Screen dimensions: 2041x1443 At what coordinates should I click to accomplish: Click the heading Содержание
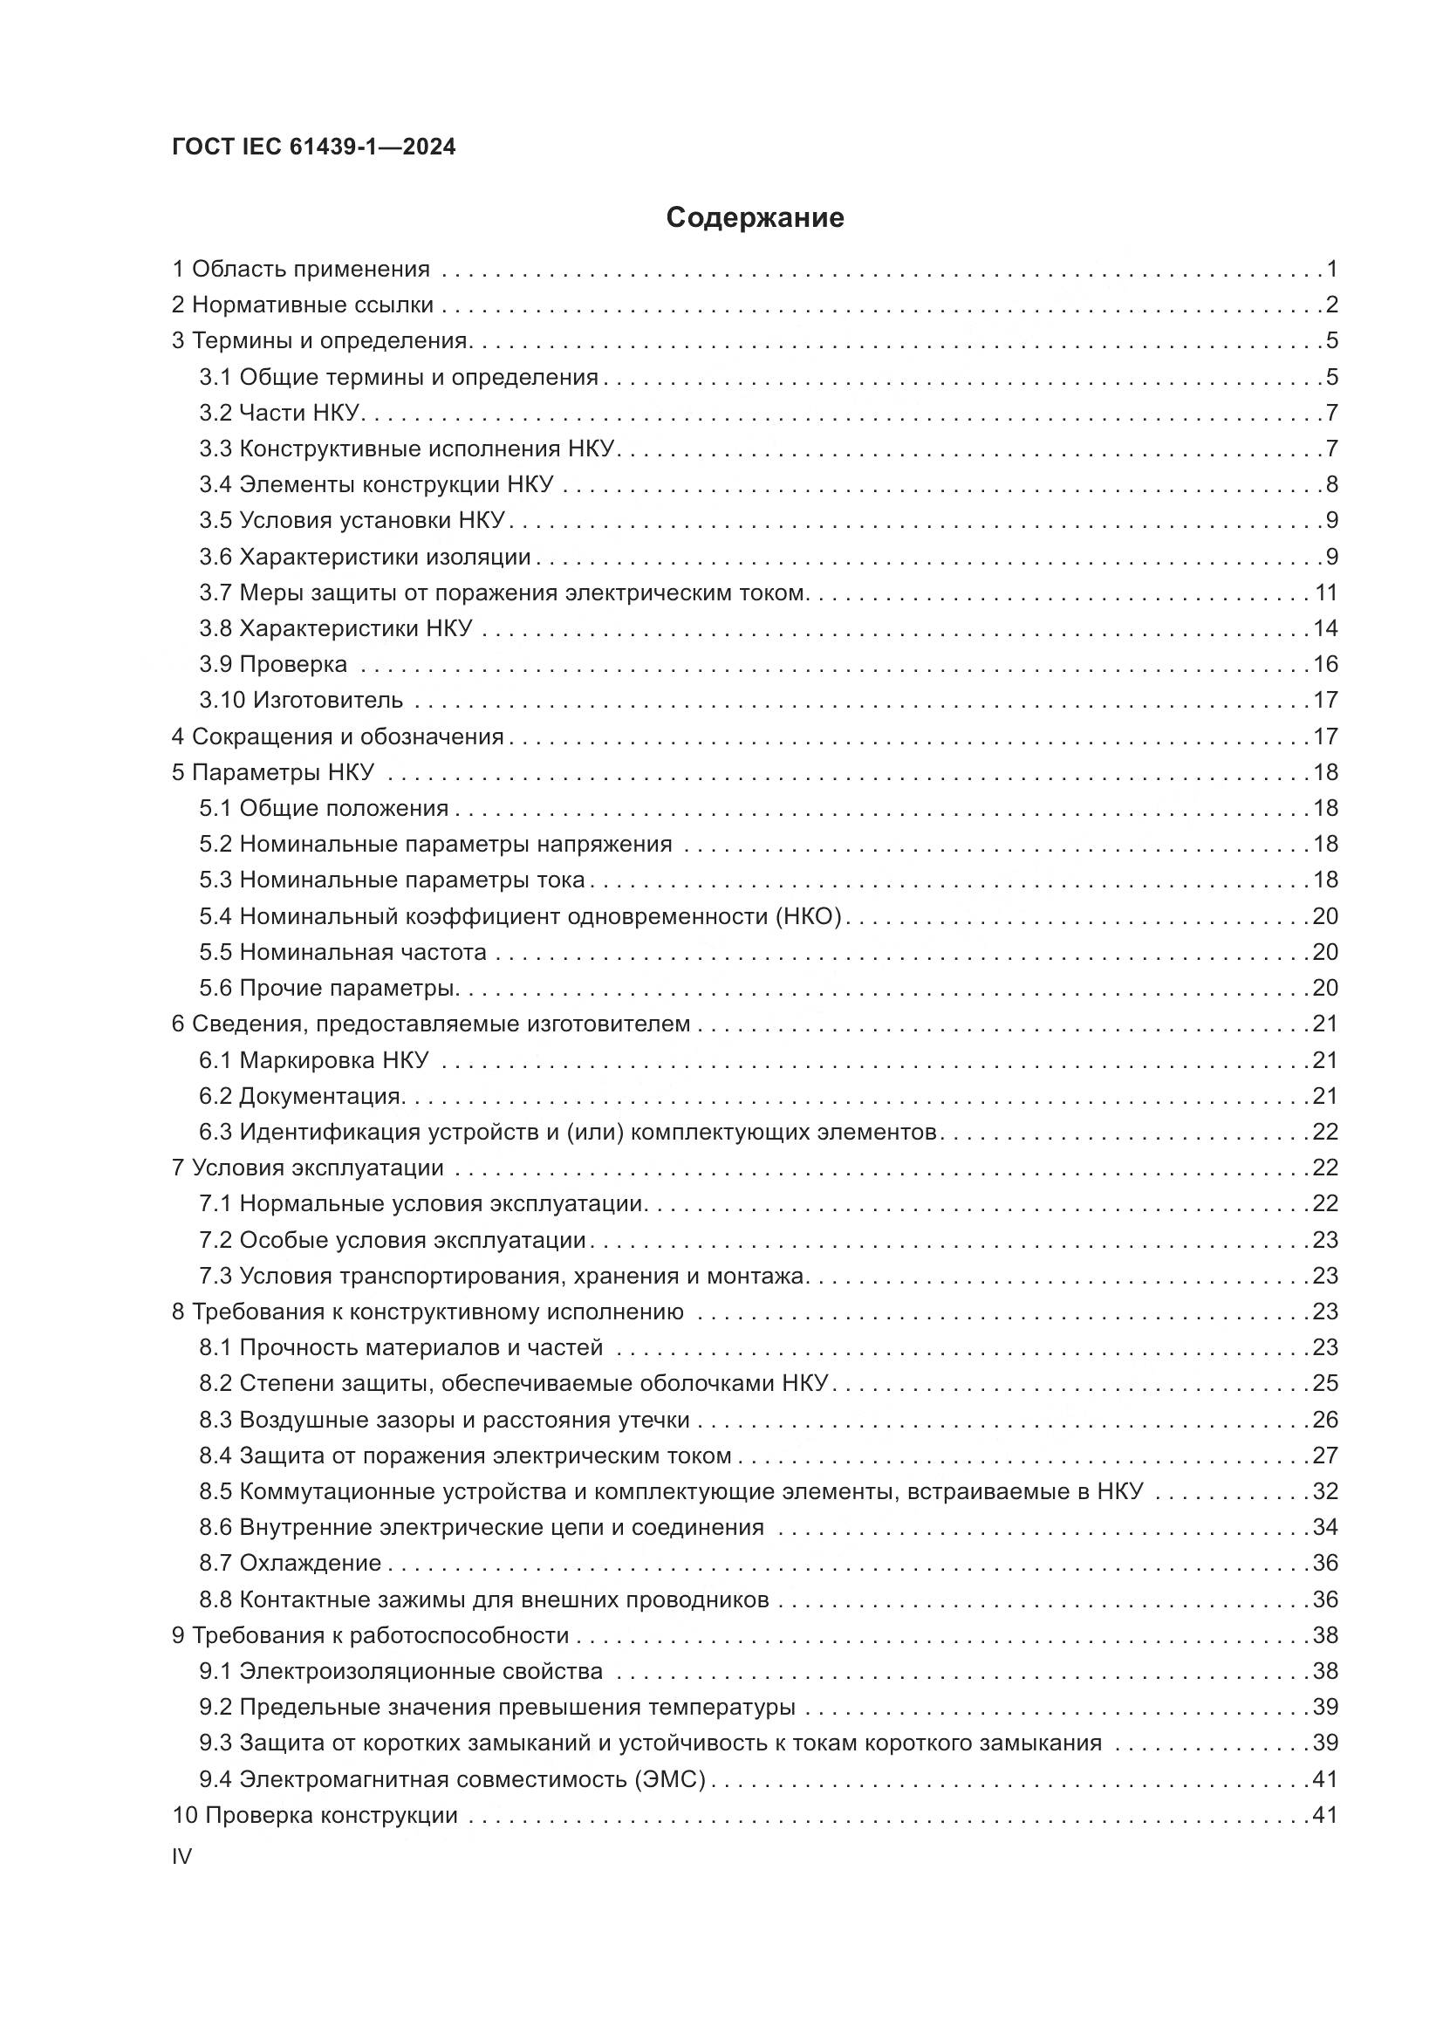(x=755, y=217)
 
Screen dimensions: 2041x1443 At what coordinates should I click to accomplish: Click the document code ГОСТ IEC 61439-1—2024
(x=314, y=147)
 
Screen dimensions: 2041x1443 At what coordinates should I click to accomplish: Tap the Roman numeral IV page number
(x=181, y=1856)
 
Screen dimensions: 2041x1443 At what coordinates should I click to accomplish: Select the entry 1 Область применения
(x=300, y=269)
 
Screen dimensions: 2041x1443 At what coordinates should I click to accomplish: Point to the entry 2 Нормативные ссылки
(x=302, y=305)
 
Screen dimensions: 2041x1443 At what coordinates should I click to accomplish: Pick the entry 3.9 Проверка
(x=273, y=664)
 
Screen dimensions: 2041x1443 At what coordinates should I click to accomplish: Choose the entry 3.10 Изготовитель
(x=300, y=701)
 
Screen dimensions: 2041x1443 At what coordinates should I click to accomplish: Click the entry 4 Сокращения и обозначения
(x=338, y=736)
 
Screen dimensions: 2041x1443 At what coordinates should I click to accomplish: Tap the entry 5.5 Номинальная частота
(x=342, y=952)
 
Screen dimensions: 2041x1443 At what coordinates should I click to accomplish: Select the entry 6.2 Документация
(x=301, y=1096)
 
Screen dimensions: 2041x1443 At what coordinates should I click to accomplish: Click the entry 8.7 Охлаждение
(x=290, y=1564)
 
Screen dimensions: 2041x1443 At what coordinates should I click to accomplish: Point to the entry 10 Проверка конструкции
(x=315, y=1815)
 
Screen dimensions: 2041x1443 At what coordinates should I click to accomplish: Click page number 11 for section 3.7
(x=1326, y=592)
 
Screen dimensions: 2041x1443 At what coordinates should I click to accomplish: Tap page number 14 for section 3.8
(x=1326, y=628)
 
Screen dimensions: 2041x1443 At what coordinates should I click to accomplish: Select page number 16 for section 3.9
(x=1326, y=664)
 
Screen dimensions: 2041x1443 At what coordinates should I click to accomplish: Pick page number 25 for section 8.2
(x=1326, y=1383)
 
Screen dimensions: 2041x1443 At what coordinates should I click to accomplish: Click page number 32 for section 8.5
(x=1326, y=1491)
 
